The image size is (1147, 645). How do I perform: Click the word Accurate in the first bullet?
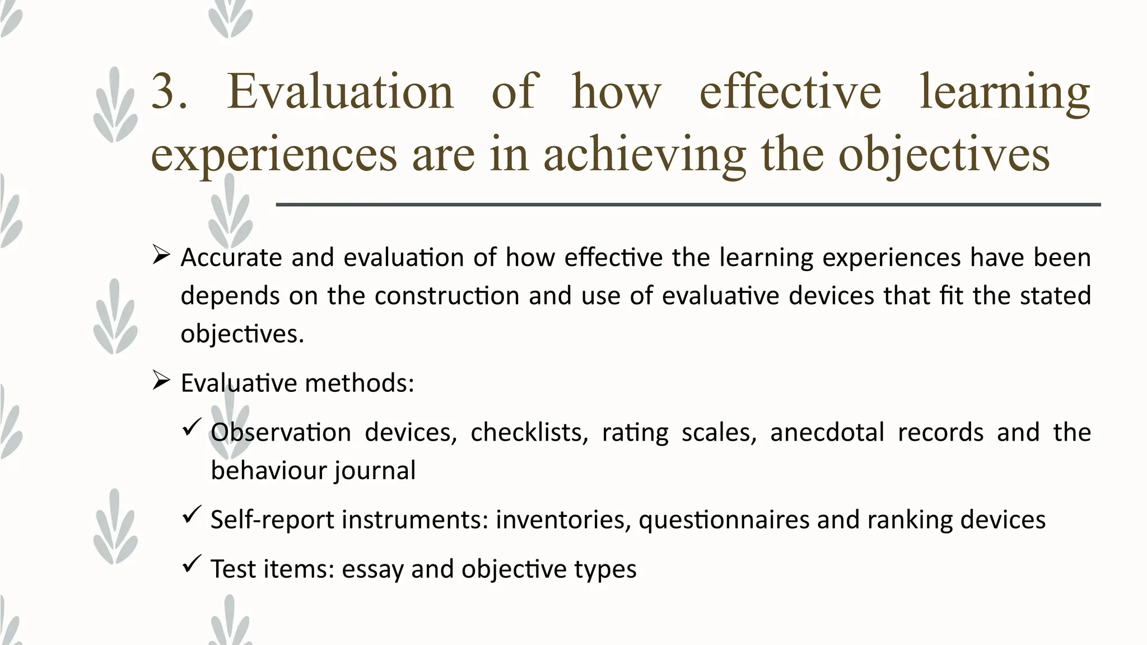coord(231,258)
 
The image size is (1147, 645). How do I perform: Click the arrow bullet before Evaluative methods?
coord(161,382)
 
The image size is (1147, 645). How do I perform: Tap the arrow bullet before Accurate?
coord(161,256)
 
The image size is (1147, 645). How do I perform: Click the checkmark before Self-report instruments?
coord(192,514)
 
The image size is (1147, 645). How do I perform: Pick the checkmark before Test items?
coord(192,563)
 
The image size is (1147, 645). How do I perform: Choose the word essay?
coord(372,569)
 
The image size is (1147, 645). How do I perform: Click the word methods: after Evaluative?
coord(359,384)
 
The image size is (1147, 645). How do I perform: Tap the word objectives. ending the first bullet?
coord(242,335)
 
